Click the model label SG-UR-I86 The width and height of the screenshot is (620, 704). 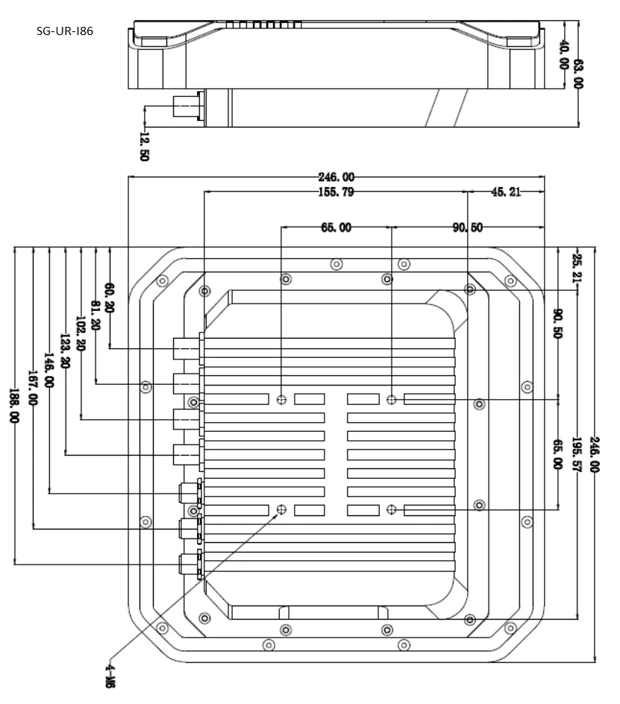[65, 31]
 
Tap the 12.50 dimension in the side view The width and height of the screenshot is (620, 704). [144, 146]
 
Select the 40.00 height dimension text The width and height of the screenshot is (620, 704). [564, 54]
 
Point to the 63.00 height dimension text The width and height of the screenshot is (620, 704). [579, 74]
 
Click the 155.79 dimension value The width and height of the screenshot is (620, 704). [336, 192]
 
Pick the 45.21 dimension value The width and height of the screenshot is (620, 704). [506, 192]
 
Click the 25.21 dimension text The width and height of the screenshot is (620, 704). [577, 268]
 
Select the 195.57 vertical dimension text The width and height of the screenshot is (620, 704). [577, 454]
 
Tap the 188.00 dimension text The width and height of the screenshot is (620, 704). [14, 406]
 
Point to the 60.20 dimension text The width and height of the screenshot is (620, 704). [109, 298]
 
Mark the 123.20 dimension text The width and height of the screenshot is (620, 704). [65, 351]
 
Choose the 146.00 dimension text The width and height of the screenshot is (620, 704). [49, 370]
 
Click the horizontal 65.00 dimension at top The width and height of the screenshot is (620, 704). [336, 227]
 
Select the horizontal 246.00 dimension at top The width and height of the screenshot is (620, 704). [336, 177]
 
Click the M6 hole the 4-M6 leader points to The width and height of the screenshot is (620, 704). [282, 509]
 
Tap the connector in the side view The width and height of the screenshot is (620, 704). [188, 106]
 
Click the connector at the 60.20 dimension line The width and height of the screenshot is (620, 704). [188, 348]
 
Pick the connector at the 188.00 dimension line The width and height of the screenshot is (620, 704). [192, 564]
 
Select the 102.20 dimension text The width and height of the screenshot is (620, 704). [81, 333]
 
